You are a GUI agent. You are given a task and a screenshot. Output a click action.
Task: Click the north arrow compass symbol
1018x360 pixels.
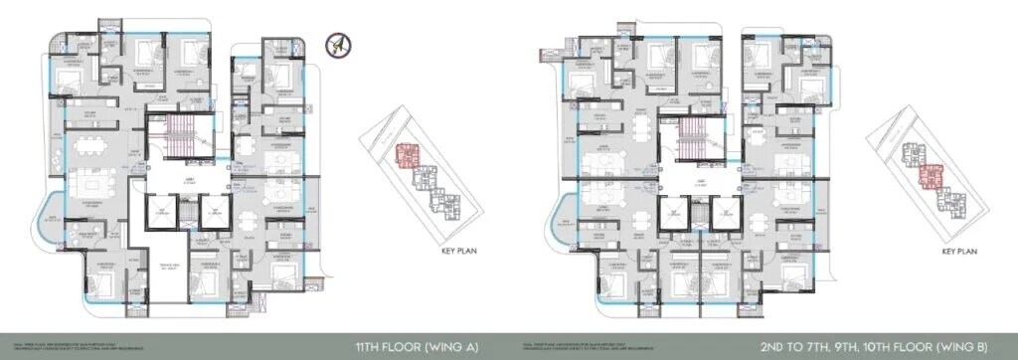[338, 46]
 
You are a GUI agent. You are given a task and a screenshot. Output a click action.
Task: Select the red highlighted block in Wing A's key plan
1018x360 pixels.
[409, 155]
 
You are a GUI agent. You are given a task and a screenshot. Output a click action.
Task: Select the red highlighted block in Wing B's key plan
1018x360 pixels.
[931, 176]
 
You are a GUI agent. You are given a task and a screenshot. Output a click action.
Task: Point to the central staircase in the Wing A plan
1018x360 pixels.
[179, 139]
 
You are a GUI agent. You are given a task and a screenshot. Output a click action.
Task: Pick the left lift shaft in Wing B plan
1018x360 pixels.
[673, 212]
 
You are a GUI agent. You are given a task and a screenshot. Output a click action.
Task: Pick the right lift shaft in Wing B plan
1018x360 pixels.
[727, 212]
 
